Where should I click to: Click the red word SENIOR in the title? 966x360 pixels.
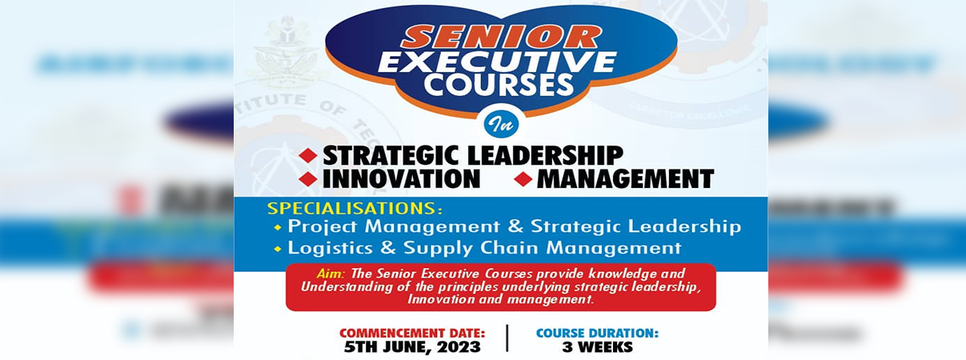[500, 36]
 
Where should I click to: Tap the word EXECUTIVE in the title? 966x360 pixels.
[497, 62]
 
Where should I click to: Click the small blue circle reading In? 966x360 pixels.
[502, 123]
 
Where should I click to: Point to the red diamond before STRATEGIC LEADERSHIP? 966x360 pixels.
[308, 155]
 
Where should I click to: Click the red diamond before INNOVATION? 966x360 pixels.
[308, 179]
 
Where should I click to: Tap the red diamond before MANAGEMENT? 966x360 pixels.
[523, 179]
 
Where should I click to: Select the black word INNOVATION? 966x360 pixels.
[401, 178]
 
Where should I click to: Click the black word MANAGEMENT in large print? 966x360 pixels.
[625, 178]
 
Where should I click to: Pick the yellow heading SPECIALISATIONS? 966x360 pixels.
[355, 208]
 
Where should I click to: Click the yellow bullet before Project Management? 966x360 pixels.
[278, 228]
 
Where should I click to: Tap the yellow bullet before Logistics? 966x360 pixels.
[278, 249]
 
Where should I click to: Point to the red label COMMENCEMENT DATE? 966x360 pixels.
[412, 332]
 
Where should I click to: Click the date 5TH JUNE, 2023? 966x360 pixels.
[412, 347]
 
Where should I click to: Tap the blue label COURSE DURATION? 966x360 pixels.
[597, 332]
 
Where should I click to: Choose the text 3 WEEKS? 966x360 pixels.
[597, 347]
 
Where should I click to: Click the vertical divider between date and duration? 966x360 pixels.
[507, 338]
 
